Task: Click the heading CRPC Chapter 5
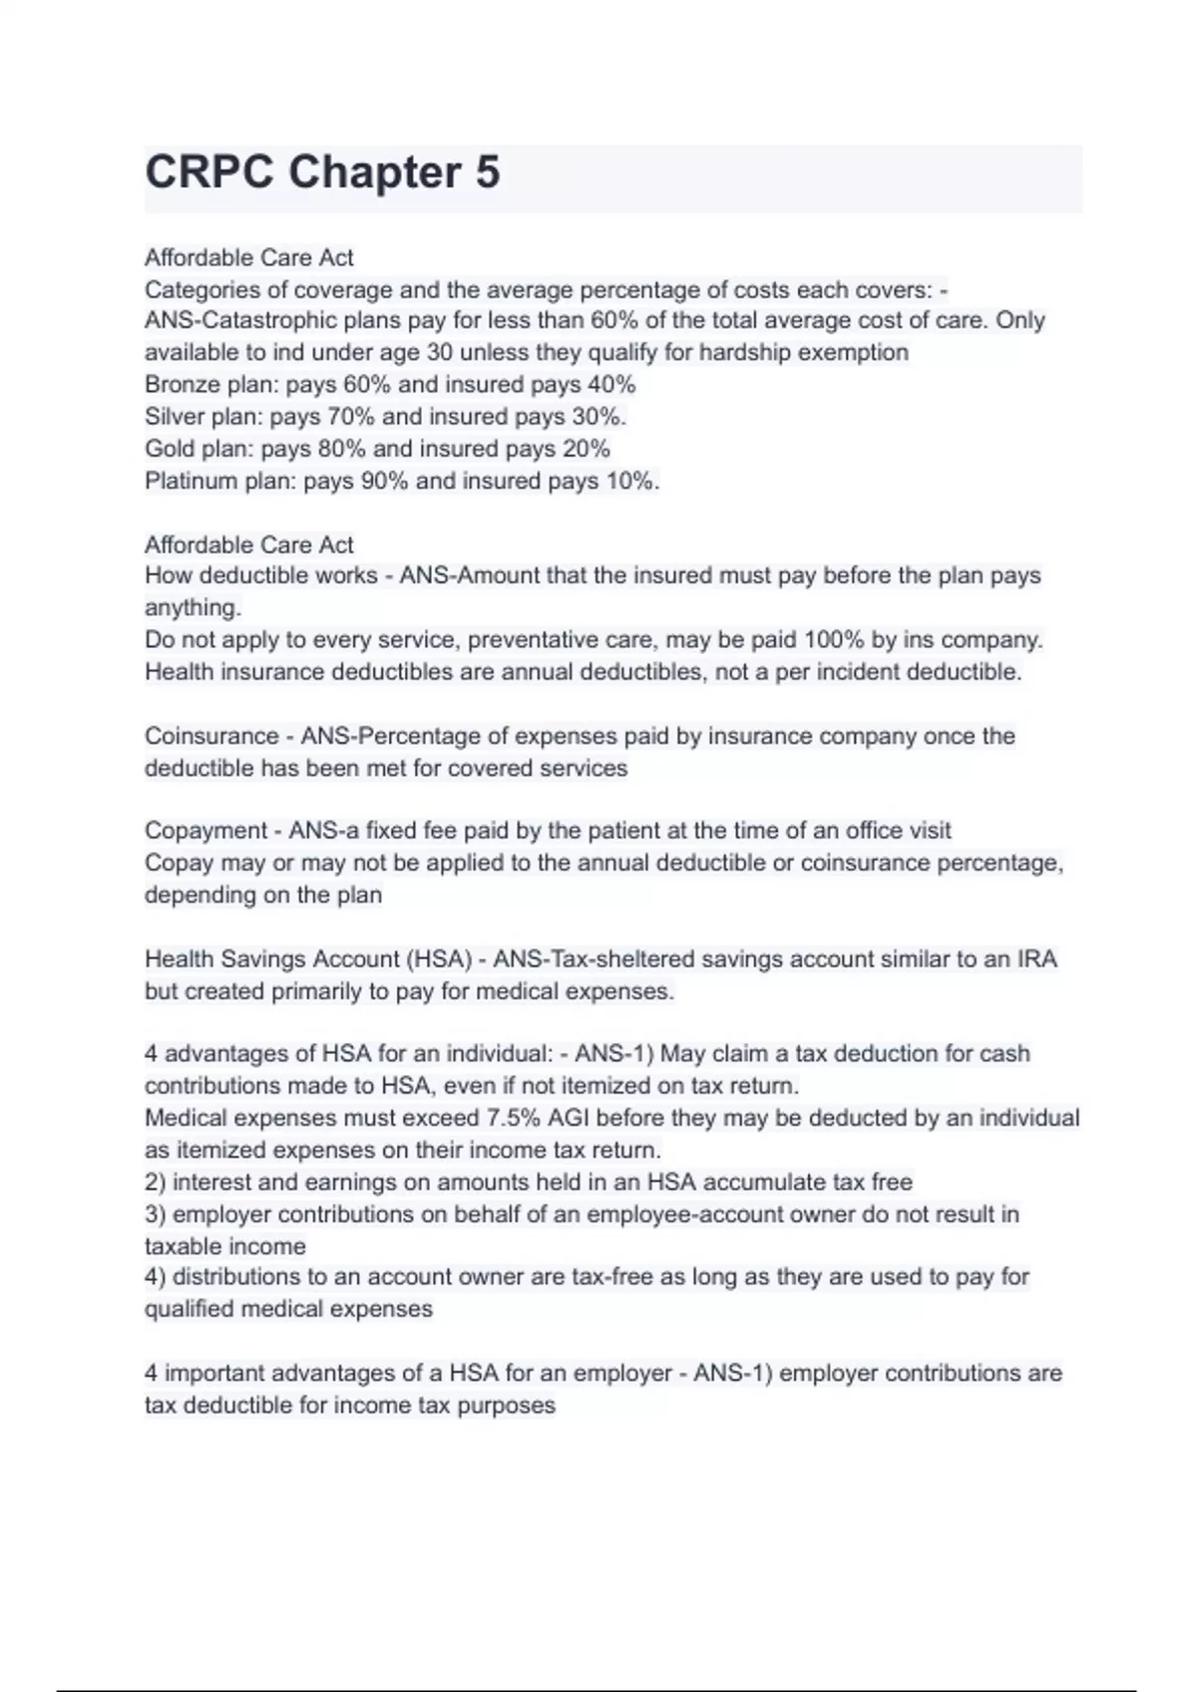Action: coord(322,173)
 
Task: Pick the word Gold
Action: coord(168,449)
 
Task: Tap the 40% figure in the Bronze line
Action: coord(611,384)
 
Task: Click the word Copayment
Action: coord(205,831)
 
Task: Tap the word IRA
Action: coord(1037,959)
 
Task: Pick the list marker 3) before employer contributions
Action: coord(155,1214)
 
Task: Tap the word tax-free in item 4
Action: coord(613,1277)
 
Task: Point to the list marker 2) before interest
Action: coord(155,1182)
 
